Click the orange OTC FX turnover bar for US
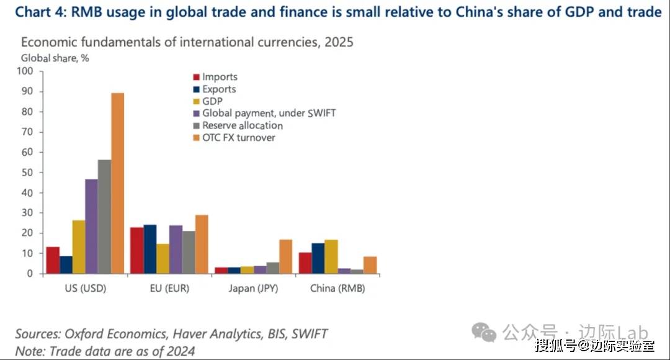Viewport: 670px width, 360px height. (x=117, y=183)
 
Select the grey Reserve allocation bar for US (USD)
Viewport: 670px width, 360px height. (x=104, y=217)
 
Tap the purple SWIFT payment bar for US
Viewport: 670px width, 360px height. (x=91, y=226)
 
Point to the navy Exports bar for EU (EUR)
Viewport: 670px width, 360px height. (x=150, y=249)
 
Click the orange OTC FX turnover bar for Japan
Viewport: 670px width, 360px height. (x=286, y=256)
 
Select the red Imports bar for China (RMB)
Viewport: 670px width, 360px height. (x=305, y=263)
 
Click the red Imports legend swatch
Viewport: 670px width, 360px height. (x=195, y=78)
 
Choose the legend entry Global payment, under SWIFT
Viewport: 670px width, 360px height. (x=269, y=113)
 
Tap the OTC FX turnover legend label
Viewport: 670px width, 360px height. (x=239, y=137)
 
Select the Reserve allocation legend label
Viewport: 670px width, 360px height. (x=242, y=125)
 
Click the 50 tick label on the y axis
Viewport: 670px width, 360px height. (x=27, y=172)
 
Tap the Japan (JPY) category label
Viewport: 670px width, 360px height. (x=253, y=289)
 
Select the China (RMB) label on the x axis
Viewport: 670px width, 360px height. (x=337, y=289)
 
